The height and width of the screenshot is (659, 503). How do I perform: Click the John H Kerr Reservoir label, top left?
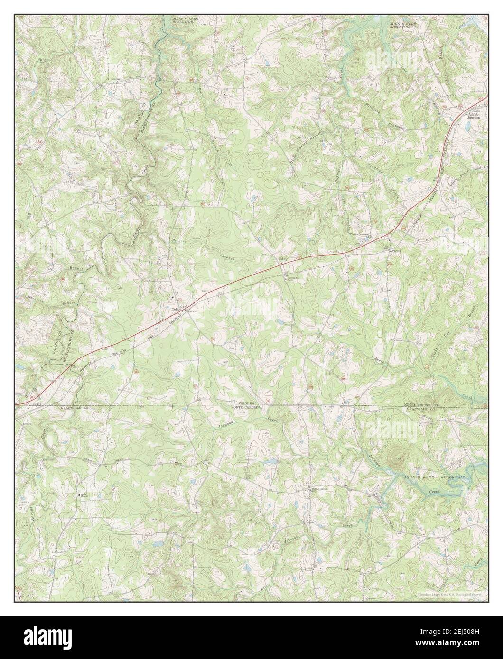click(x=185, y=20)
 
